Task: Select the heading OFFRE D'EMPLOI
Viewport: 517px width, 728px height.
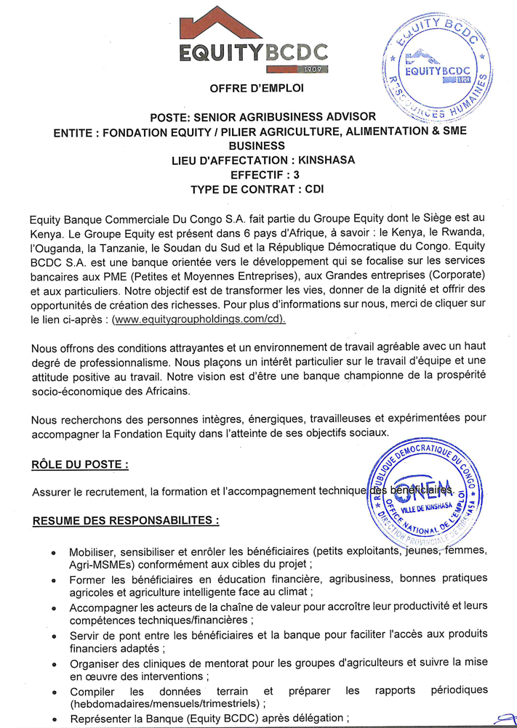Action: [x=257, y=89]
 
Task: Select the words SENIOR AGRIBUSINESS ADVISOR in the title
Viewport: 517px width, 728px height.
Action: [x=294, y=117]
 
